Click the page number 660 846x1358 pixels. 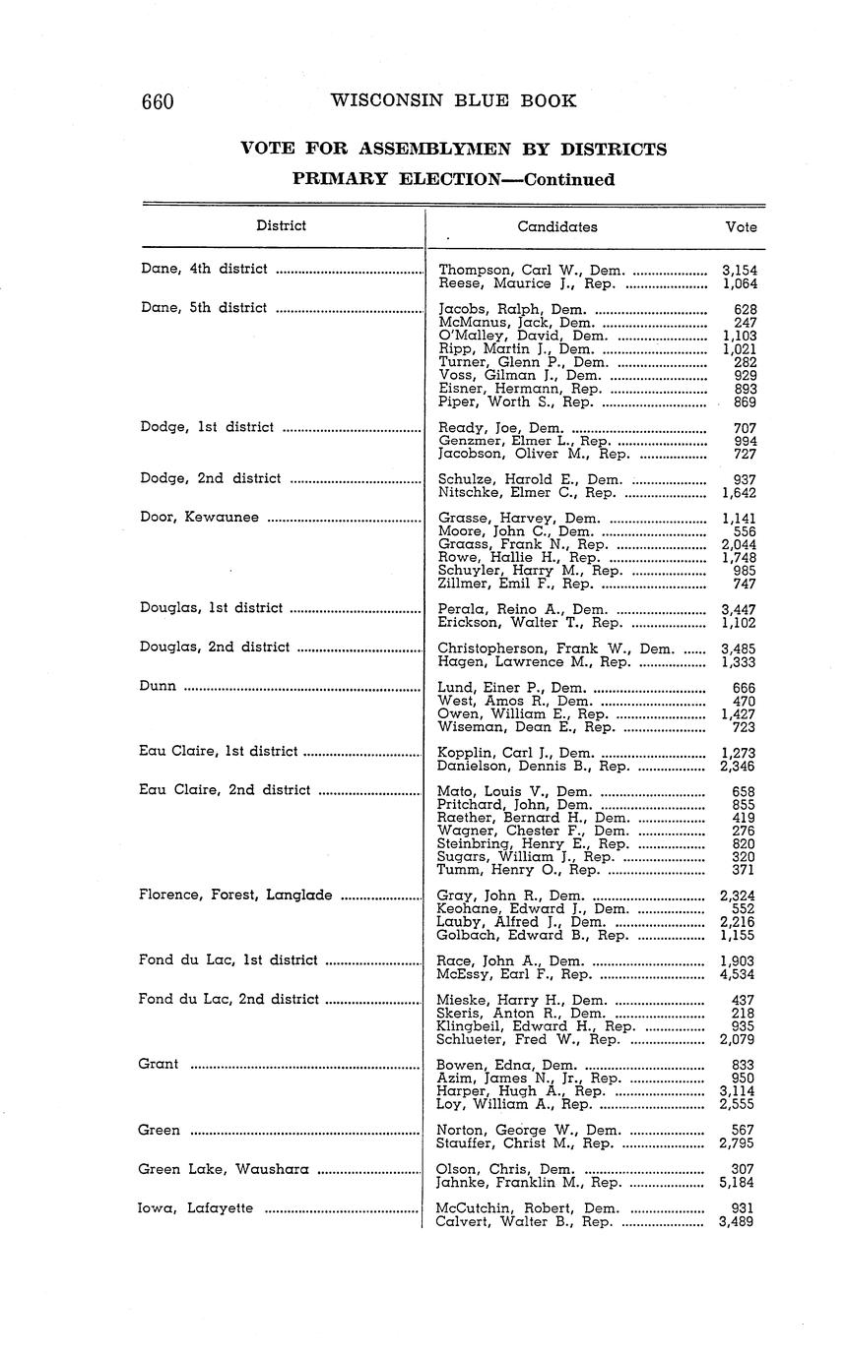pyautogui.click(x=158, y=102)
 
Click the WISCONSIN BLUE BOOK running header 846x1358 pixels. pyautogui.click(x=453, y=100)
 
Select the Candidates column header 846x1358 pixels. pyautogui.click(x=556, y=226)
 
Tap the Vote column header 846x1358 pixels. pyautogui.click(x=741, y=226)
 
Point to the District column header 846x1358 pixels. pyautogui.click(x=281, y=225)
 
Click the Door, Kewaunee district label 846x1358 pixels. pyautogui.click(x=199, y=518)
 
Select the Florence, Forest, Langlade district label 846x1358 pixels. pyautogui.click(x=235, y=895)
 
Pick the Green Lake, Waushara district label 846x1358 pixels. pyautogui.click(x=224, y=1169)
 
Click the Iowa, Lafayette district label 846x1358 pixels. pyautogui.click(x=196, y=1208)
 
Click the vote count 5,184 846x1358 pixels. pyautogui.click(x=738, y=1183)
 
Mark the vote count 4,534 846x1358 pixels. pyautogui.click(x=738, y=974)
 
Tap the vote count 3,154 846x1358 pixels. pyautogui.click(x=738, y=270)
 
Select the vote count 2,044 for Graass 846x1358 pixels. pyautogui.click(x=738, y=544)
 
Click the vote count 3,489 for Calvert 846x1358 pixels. pyautogui.click(x=738, y=1222)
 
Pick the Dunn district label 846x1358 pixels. pyautogui.click(x=159, y=687)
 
